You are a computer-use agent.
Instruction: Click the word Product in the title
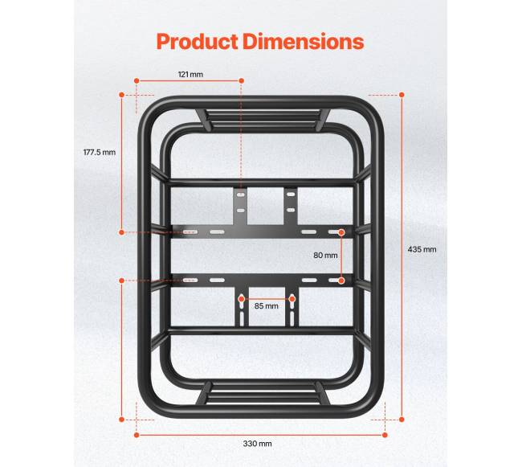[197, 42]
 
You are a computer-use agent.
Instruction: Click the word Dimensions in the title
[303, 42]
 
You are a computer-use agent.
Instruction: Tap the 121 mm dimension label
[190, 74]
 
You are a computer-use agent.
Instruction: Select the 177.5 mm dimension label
[100, 152]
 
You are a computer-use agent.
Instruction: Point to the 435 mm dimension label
[422, 249]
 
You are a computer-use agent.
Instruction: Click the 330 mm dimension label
[257, 444]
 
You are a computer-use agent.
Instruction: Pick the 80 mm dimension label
[325, 255]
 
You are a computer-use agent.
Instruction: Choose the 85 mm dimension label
[267, 305]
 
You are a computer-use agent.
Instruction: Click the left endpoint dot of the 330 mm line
[137, 435]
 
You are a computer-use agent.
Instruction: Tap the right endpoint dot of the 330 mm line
[385, 435]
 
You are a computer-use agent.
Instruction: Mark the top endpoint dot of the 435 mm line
[402, 95]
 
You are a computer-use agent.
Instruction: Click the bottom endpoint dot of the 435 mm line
[402, 420]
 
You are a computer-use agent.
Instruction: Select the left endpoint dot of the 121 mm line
[137, 80]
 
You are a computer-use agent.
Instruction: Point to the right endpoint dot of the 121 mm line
[242, 80]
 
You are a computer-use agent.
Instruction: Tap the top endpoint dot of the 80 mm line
[341, 232]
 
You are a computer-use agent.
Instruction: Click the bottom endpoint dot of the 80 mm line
[341, 281]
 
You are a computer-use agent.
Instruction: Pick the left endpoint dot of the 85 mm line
[242, 299]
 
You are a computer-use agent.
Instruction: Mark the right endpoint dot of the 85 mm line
[292, 299]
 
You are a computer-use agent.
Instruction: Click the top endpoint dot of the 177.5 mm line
[122, 95]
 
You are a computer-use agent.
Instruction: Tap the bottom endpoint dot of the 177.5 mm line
[122, 232]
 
